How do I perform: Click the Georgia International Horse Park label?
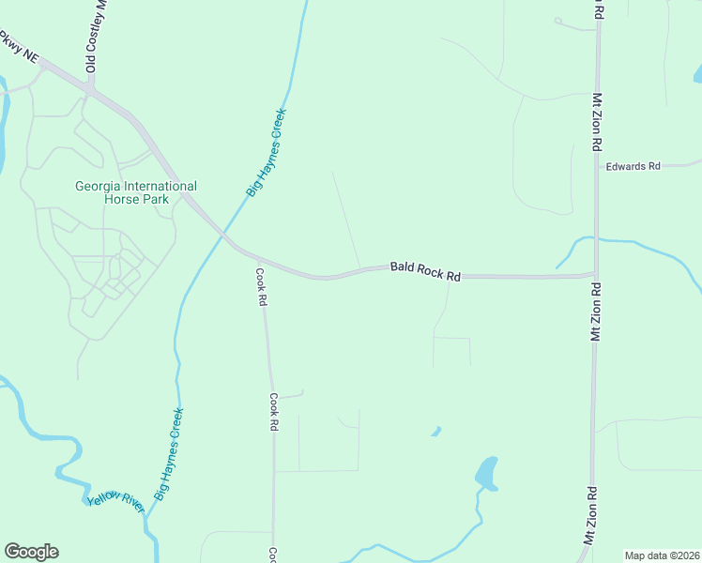click(x=136, y=192)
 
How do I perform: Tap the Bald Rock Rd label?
click(x=426, y=271)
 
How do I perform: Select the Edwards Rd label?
click(x=633, y=166)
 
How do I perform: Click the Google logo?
click(x=31, y=552)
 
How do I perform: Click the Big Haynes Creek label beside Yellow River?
click(x=170, y=453)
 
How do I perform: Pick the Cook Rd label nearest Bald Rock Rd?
click(x=263, y=288)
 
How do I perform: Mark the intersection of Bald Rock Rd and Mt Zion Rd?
click(x=595, y=275)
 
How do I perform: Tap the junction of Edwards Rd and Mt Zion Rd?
click(x=598, y=167)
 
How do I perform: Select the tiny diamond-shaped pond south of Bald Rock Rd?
click(x=435, y=432)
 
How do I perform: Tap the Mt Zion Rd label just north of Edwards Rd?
click(x=596, y=122)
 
